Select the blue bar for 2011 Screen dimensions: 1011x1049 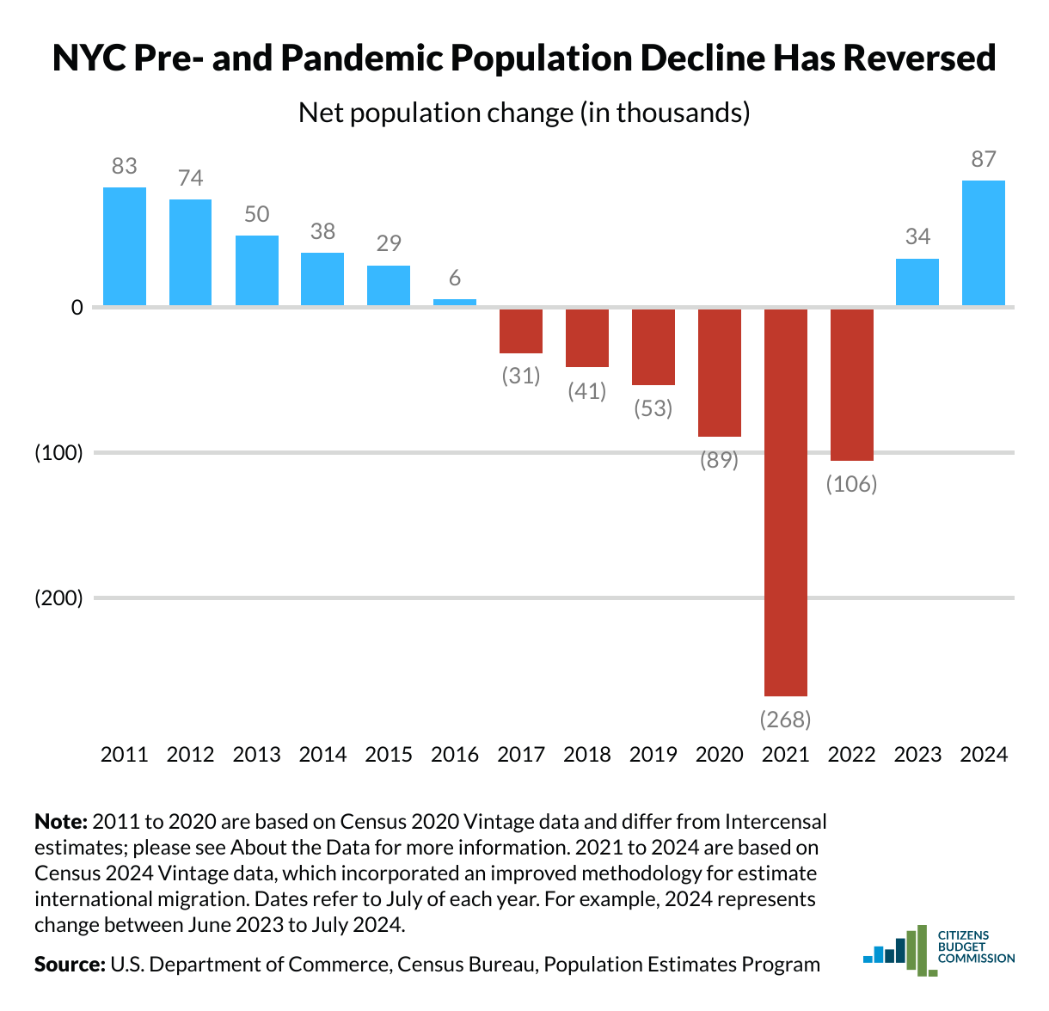pos(125,246)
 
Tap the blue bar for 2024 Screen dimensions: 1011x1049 pos(983,242)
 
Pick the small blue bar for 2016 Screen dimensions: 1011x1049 pos(455,302)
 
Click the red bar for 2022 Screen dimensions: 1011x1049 pos(851,384)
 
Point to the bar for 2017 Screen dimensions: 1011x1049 pos(521,331)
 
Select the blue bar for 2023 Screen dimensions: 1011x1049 pos(917,282)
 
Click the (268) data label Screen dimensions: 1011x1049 pos(786,719)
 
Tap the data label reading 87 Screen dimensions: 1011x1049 pos(983,159)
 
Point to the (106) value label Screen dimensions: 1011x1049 pos(851,484)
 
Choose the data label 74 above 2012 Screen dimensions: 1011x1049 pos(190,178)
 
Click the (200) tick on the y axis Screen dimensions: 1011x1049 pos(58,598)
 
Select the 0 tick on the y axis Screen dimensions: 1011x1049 pos(77,307)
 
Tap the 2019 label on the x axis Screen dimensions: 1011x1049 pos(653,755)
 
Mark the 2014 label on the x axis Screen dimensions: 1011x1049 pos(322,755)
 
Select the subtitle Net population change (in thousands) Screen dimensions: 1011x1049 pos(524,113)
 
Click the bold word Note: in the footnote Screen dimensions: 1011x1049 pos(61,822)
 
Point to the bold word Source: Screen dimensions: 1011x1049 pos(70,964)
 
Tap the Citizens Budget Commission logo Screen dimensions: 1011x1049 pos(939,949)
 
